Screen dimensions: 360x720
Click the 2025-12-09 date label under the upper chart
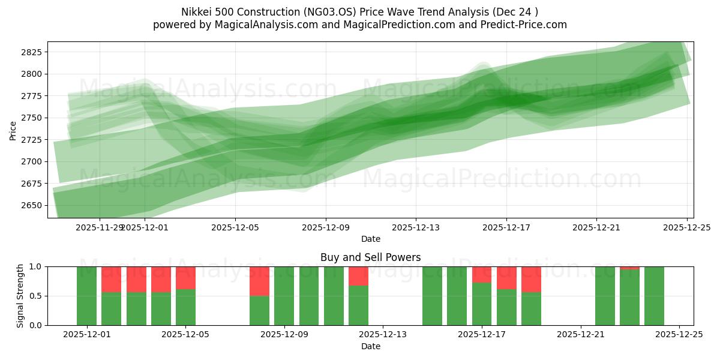click(326, 228)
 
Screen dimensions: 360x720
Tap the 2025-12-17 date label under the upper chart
click(506, 228)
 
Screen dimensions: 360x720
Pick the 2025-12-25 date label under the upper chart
click(686, 228)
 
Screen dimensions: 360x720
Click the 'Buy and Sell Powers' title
click(370, 257)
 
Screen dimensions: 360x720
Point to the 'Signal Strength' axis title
click(20, 295)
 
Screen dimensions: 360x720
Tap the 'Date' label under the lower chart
click(370, 346)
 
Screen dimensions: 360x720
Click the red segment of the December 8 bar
click(259, 281)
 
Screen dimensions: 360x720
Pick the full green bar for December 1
click(87, 296)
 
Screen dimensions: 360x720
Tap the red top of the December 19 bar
click(531, 279)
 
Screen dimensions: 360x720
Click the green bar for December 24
click(654, 296)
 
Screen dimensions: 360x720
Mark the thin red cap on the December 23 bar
click(629, 268)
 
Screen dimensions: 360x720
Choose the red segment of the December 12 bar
click(358, 275)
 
